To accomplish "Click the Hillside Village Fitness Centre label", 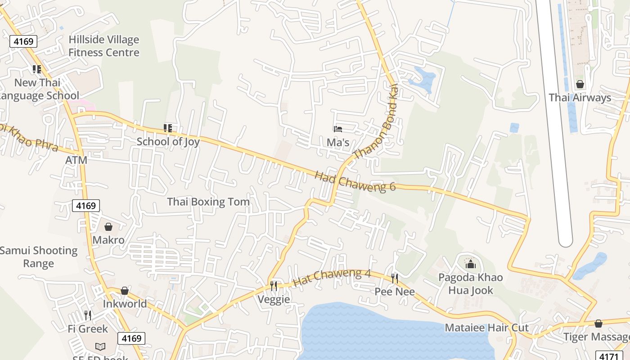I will click(104, 46).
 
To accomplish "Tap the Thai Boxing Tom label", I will click(208, 202).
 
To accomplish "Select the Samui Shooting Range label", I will click(39, 257).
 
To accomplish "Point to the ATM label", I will click(76, 160).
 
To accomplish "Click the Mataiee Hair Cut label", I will click(487, 328).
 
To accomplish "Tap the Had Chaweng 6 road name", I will click(355, 180).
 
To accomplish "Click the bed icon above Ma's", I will click(338, 129).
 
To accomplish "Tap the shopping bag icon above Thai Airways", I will click(580, 84).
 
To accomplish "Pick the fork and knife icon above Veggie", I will click(274, 286).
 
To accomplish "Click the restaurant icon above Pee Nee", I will click(395, 278).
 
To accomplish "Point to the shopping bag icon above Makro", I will click(108, 227).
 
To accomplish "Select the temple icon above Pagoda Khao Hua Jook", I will click(471, 264).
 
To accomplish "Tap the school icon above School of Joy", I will click(168, 128).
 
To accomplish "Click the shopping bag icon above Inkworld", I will click(125, 291).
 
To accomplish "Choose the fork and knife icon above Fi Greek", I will click(88, 315).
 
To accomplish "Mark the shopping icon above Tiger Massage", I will click(598, 324).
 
